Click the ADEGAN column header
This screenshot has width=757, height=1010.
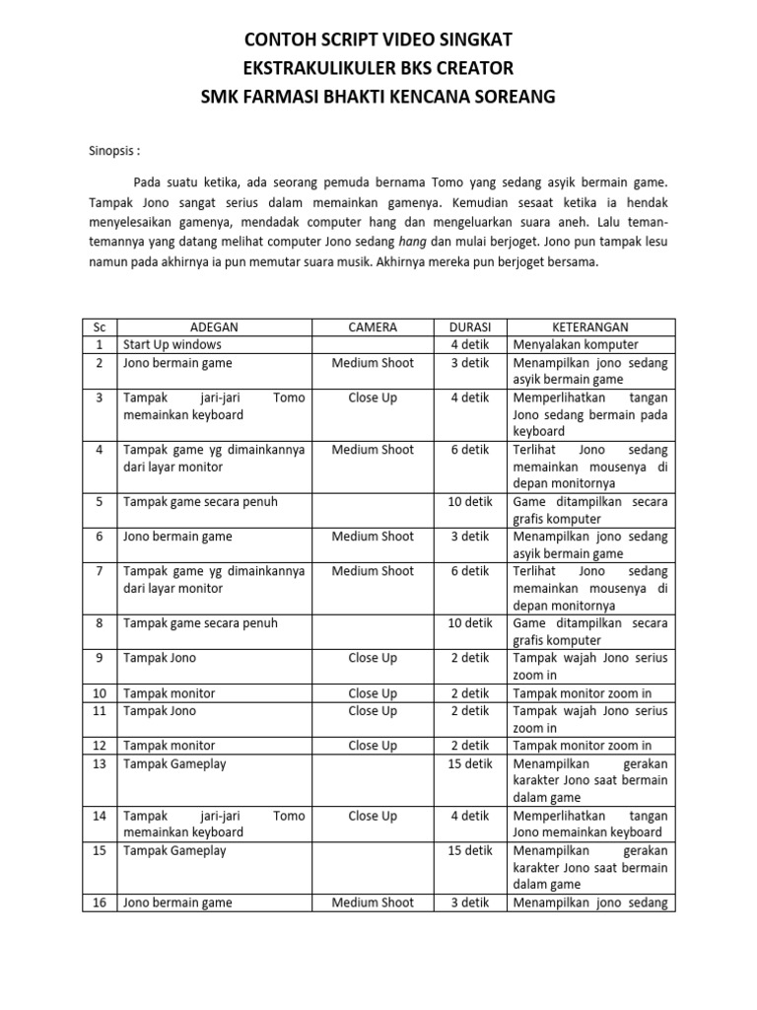click(x=213, y=327)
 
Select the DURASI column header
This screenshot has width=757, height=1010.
click(x=470, y=327)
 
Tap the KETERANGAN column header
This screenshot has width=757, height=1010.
click(x=590, y=327)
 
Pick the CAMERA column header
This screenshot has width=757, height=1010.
click(x=373, y=327)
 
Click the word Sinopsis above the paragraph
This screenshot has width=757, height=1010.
click(x=109, y=152)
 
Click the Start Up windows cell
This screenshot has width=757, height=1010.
click(x=172, y=345)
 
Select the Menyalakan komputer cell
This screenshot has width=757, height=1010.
click(x=576, y=345)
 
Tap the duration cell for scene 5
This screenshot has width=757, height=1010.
click(x=470, y=502)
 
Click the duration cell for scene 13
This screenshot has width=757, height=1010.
click(x=470, y=763)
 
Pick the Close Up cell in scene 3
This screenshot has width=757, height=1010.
click(x=373, y=397)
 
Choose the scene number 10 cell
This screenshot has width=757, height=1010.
click(x=99, y=693)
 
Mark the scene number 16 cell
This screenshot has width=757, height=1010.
click(x=99, y=902)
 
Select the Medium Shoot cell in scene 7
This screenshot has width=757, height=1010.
click(x=373, y=571)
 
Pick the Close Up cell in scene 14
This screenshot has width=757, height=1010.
click(x=373, y=816)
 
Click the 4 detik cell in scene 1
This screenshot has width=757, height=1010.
click(x=470, y=345)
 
